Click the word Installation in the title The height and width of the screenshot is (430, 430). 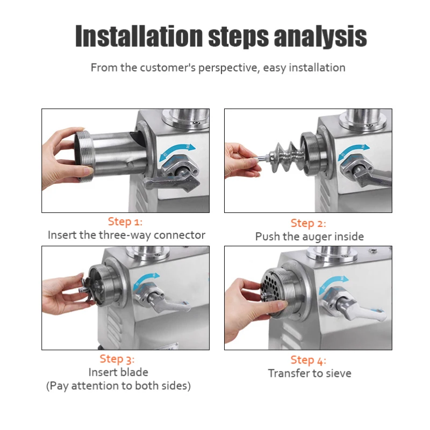click(x=139, y=36)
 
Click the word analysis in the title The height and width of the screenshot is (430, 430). click(x=320, y=37)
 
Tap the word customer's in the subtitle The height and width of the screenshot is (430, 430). click(x=168, y=68)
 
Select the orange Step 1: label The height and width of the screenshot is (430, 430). click(x=125, y=221)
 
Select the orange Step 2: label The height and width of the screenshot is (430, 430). click(x=308, y=223)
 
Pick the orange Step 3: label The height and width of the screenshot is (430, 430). click(x=117, y=359)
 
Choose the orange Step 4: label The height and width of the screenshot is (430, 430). click(x=308, y=360)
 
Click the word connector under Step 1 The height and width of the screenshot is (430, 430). click(x=180, y=235)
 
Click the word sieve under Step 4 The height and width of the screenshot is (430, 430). click(x=337, y=373)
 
